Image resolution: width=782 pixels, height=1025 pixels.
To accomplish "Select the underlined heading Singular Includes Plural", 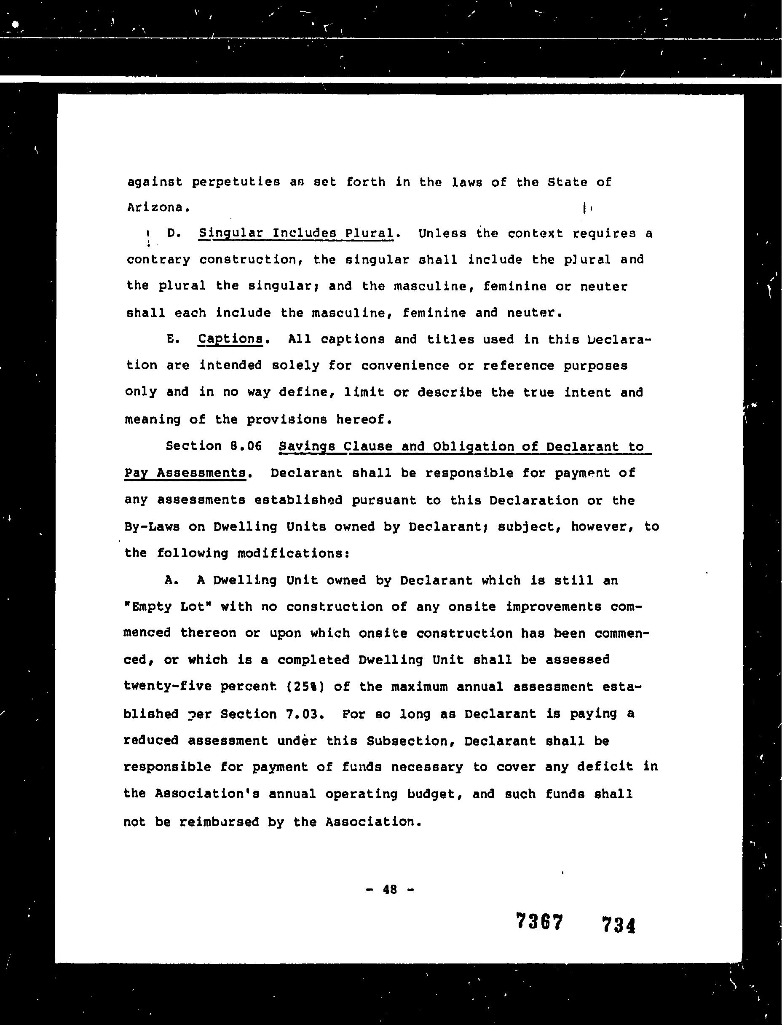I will [x=296, y=233].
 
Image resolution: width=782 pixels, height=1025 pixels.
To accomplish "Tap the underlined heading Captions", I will [x=230, y=339].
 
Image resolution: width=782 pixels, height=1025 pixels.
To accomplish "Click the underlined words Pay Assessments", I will [x=185, y=473].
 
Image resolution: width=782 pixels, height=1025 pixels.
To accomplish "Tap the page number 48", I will [x=390, y=890].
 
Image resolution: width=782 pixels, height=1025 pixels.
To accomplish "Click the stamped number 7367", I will [x=540, y=922].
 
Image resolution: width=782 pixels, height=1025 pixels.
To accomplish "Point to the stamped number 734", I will [x=619, y=924].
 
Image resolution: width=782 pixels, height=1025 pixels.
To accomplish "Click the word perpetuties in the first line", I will [x=236, y=182].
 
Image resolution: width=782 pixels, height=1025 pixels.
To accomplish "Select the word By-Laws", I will [x=152, y=526].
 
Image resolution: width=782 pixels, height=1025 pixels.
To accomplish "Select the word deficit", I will [x=605, y=767].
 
